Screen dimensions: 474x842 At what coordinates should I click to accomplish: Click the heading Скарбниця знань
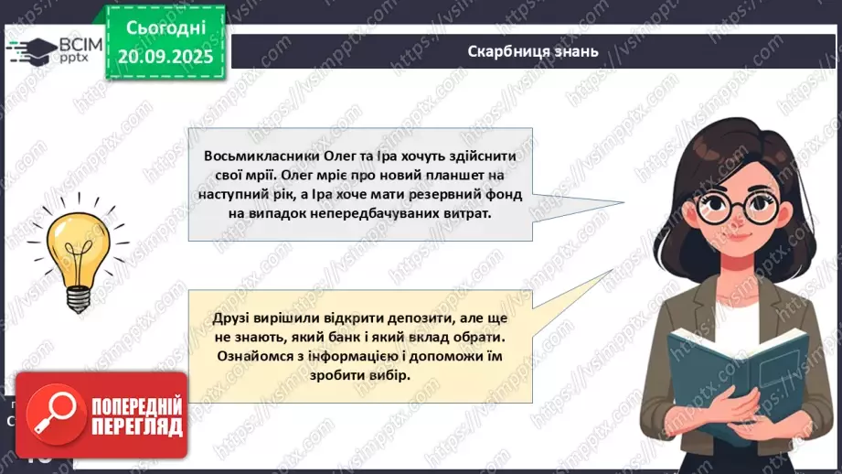(x=532, y=51)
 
